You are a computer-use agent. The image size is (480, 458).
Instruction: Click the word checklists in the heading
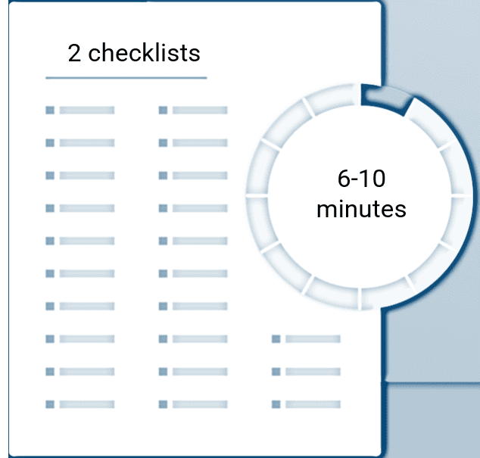tap(144, 53)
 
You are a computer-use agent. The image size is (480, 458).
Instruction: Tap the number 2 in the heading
tap(74, 53)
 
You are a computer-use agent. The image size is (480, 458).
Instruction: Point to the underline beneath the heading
tap(126, 78)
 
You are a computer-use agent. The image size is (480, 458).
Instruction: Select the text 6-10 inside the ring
tap(361, 179)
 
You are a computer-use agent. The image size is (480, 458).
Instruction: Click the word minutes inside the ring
tap(361, 209)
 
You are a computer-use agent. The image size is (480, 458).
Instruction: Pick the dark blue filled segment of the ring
tap(386, 98)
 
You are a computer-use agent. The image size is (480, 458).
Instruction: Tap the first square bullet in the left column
tap(50, 111)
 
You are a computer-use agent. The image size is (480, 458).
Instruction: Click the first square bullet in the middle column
tap(164, 111)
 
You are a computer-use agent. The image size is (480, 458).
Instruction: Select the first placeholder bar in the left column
tap(87, 111)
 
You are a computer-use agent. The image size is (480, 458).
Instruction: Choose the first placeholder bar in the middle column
tap(200, 111)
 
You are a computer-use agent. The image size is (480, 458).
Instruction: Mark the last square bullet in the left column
tap(50, 404)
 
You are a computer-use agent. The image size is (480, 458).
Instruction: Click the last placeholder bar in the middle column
tap(200, 404)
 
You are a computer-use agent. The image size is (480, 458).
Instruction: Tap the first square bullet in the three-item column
tap(276, 339)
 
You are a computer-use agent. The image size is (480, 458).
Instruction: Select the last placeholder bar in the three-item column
tap(313, 404)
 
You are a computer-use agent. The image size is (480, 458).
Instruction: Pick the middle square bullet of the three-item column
tap(276, 372)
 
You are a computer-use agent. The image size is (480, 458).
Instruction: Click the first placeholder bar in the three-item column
tap(313, 339)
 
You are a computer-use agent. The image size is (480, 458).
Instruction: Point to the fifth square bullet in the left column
tap(50, 241)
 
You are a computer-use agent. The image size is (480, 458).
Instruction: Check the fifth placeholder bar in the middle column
tap(200, 241)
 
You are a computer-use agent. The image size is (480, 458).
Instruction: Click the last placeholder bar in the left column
tap(87, 404)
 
